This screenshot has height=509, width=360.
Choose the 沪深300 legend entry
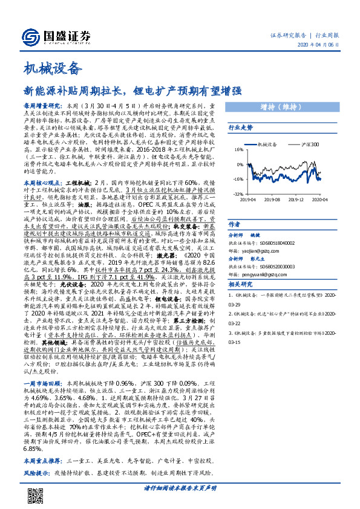pos(310,146)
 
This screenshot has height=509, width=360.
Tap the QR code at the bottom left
pos(36,496)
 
